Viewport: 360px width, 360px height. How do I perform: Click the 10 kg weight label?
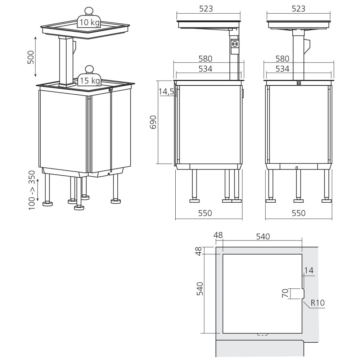[x=90, y=22]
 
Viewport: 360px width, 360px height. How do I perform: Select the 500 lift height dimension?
[x=31, y=57]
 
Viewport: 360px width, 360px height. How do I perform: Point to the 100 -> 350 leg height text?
[x=32, y=190]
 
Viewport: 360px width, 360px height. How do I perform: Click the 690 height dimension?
[x=153, y=122]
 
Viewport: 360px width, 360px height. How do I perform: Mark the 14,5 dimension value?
[x=166, y=91]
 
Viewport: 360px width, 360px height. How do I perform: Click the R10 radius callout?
[x=318, y=303]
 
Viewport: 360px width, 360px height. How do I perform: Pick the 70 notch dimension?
[x=285, y=293]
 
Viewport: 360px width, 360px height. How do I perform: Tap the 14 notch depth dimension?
[x=309, y=270]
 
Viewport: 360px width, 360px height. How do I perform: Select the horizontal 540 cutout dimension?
[x=263, y=237]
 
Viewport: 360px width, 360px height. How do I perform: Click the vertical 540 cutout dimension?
[x=200, y=289]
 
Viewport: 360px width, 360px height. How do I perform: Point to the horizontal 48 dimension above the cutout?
[x=218, y=235]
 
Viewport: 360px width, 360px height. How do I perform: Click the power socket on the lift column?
[x=235, y=44]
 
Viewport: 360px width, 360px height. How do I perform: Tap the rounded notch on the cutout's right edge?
[x=303, y=293]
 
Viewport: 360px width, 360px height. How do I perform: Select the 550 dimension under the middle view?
[x=205, y=213]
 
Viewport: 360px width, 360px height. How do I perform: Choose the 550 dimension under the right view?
[x=298, y=213]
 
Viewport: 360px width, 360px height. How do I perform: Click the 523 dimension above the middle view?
[x=206, y=9]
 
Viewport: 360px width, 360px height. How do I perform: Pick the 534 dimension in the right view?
[x=282, y=69]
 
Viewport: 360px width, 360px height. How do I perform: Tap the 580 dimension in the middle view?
[x=205, y=59]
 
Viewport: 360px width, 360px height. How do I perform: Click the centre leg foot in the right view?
[x=298, y=201]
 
